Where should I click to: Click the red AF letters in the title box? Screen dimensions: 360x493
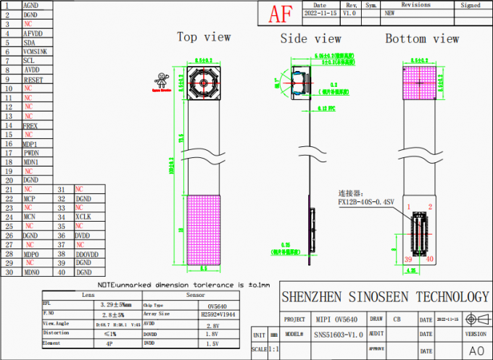click(281, 14)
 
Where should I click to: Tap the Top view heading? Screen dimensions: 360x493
click(204, 37)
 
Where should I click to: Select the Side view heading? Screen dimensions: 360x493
click(310, 38)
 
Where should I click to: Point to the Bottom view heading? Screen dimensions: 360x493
click(421, 38)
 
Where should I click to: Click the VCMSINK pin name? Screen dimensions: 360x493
click(36, 51)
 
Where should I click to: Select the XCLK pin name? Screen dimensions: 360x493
click(83, 217)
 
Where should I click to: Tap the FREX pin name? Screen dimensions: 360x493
click(30, 125)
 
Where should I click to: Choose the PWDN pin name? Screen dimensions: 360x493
click(31, 153)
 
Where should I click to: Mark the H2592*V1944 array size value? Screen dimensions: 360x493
click(218, 315)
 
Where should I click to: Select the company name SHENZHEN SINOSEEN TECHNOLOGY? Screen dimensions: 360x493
click(384, 297)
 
